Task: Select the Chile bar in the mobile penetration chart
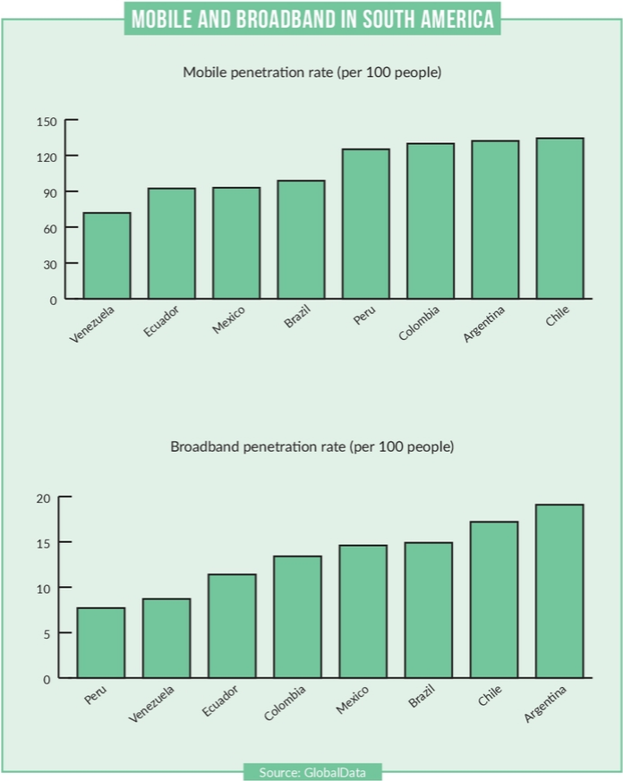(559, 218)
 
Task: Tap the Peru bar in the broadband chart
(100, 643)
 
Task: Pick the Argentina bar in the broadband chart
(559, 591)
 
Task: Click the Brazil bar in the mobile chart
(301, 240)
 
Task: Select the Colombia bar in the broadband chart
(297, 617)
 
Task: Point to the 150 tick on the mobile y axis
(47, 121)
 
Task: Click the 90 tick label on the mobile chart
(47, 192)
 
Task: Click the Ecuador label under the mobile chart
(162, 322)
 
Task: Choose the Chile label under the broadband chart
(490, 696)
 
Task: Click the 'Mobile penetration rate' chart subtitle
(311, 72)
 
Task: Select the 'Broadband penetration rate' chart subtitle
(311, 446)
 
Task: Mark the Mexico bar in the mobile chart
(236, 243)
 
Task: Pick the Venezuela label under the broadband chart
(151, 703)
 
